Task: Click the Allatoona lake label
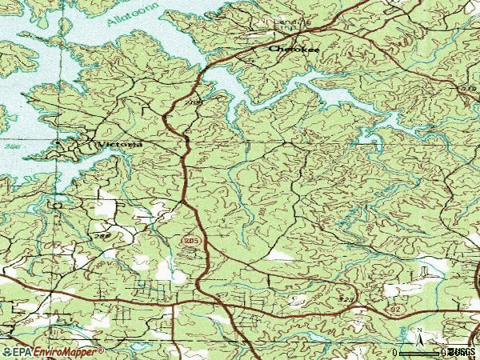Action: (133, 14)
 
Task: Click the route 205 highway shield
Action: (189, 240)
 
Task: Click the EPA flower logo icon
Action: (6, 351)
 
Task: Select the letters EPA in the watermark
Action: (22, 351)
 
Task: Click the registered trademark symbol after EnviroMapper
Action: (101, 350)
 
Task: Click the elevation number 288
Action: (102, 238)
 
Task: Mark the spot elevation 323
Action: (346, 299)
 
